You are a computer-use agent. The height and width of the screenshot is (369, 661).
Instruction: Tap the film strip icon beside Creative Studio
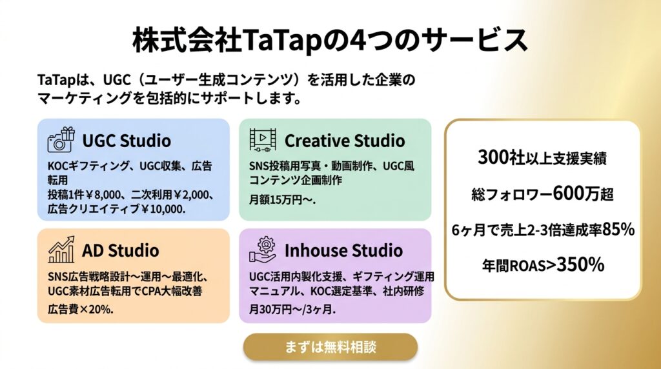pyautogui.click(x=263, y=140)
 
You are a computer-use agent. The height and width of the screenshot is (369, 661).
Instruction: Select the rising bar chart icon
pyautogui.click(x=61, y=250)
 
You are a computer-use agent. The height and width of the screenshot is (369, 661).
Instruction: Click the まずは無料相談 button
pyautogui.click(x=330, y=347)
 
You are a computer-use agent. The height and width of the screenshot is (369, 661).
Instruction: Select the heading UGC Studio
pyautogui.click(x=127, y=141)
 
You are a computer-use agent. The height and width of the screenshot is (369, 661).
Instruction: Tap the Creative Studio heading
pyautogui.click(x=345, y=141)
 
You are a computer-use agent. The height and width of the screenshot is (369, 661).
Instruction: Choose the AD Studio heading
pyautogui.click(x=121, y=251)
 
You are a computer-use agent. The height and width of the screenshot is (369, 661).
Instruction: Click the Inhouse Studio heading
pyautogui.click(x=343, y=250)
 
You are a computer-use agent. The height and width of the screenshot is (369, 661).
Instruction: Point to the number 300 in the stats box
pyautogui.click(x=493, y=157)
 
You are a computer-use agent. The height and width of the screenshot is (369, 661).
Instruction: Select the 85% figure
pyautogui.click(x=618, y=230)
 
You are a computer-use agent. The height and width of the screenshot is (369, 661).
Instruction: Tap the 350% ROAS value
pyautogui.click(x=580, y=265)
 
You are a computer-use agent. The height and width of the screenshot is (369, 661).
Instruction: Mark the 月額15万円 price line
pyautogui.click(x=281, y=200)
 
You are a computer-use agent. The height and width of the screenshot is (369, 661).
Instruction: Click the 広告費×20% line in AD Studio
pyautogui.click(x=80, y=309)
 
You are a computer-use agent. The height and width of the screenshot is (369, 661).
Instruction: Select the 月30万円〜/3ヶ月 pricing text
pyautogui.click(x=292, y=310)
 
